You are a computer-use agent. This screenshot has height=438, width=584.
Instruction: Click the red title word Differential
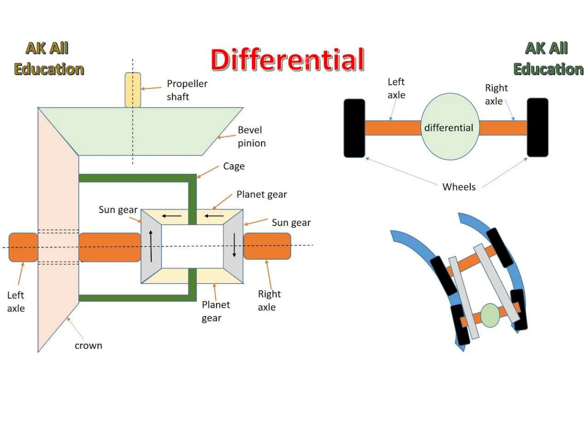(287, 60)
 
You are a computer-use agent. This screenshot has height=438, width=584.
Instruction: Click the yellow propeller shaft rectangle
(133, 90)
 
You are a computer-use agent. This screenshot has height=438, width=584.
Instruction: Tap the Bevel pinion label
(252, 136)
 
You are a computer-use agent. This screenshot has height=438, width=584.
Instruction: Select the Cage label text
(234, 166)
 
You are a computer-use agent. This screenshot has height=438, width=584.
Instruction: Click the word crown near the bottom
(88, 346)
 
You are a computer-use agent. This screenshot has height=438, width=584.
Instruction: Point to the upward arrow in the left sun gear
(151, 246)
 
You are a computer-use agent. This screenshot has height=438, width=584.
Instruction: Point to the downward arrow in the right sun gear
(234, 245)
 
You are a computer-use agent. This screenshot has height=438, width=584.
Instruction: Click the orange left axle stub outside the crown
(23, 247)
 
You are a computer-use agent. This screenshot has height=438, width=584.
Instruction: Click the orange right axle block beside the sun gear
(267, 246)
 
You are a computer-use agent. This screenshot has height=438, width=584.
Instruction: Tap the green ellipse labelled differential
(450, 127)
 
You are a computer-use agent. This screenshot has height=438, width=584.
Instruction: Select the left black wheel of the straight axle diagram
(354, 128)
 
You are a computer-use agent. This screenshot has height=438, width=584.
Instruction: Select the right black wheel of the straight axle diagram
(538, 127)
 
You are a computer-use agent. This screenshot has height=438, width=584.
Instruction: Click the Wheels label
(459, 187)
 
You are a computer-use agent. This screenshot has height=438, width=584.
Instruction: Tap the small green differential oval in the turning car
(490, 315)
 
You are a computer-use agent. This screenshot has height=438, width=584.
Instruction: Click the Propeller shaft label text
(187, 90)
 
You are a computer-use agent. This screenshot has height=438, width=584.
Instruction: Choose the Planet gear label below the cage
(216, 311)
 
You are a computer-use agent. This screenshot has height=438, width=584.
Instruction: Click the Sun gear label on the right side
(291, 222)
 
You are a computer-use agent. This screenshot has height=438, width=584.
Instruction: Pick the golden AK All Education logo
(48, 59)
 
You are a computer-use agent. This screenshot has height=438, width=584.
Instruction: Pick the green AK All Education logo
(547, 59)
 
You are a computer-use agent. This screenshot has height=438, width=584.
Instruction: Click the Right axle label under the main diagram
(269, 301)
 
